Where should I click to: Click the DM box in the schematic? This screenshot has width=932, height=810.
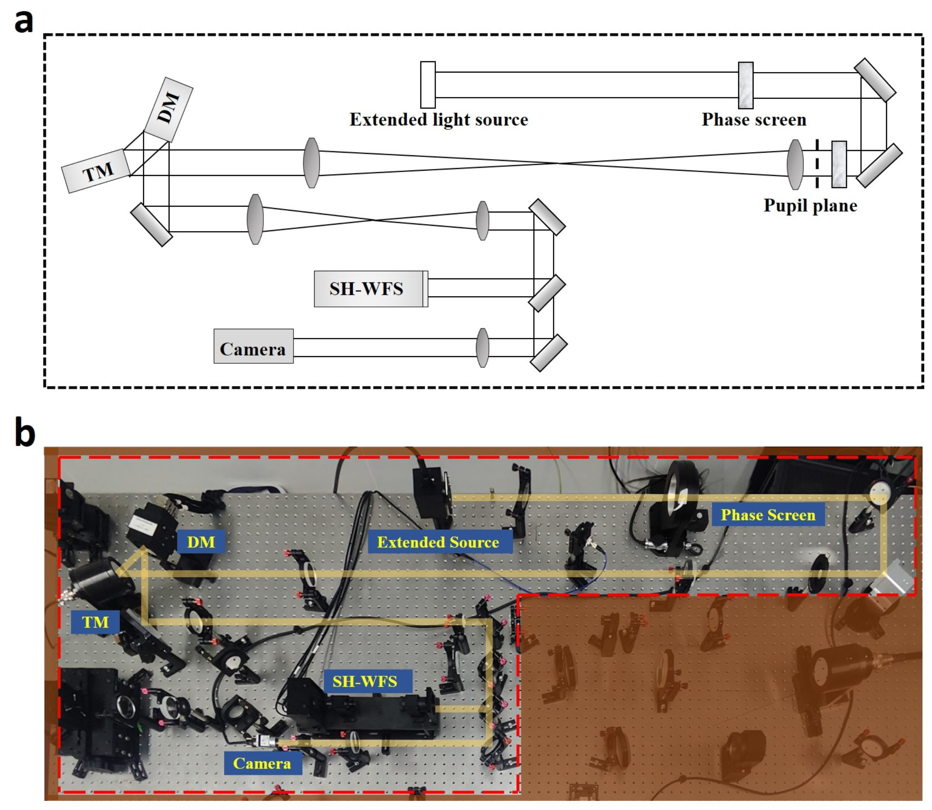click(169, 109)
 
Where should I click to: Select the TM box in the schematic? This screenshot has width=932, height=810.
click(96, 171)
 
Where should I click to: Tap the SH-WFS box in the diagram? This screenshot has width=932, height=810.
click(370, 289)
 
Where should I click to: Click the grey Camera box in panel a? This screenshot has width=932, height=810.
click(253, 346)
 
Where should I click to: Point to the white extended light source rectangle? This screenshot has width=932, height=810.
click(427, 85)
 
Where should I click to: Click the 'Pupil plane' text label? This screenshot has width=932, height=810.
click(810, 206)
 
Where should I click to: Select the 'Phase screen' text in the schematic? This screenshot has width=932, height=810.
click(754, 120)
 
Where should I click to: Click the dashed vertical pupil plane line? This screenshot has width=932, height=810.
click(817, 164)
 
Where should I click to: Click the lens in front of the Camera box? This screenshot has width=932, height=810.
click(482, 348)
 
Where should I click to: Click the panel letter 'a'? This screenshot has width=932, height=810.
click(24, 21)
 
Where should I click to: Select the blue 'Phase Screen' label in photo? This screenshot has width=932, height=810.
click(768, 515)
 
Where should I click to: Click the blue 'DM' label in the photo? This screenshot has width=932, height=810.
click(201, 542)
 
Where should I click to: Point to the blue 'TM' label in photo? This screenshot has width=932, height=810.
click(95, 622)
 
